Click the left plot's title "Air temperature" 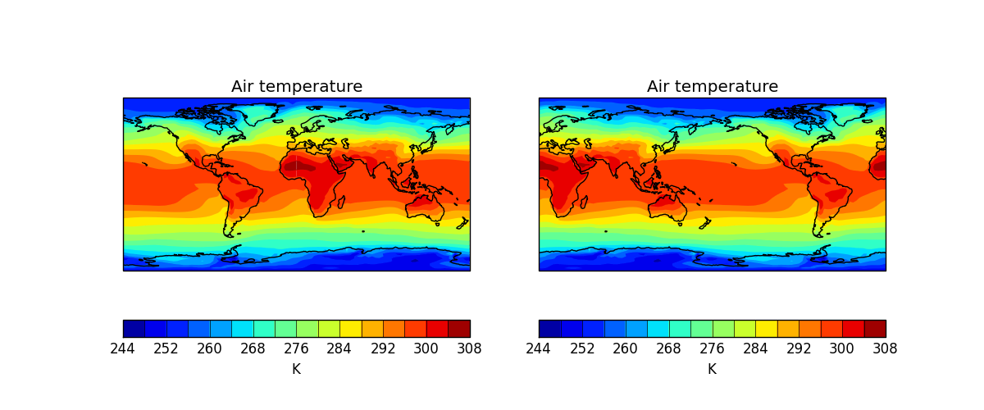[x=296, y=87]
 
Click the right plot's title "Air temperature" [x=712, y=87]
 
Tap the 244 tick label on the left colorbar [x=122, y=348]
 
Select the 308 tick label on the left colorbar [x=470, y=348]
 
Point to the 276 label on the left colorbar [x=296, y=348]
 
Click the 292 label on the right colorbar [x=799, y=348]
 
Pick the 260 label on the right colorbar [x=625, y=348]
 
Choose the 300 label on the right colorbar [x=842, y=348]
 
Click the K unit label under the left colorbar [x=296, y=370]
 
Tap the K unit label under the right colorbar [x=712, y=370]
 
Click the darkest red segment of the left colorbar [x=459, y=329]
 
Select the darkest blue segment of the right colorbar [x=549, y=329]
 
